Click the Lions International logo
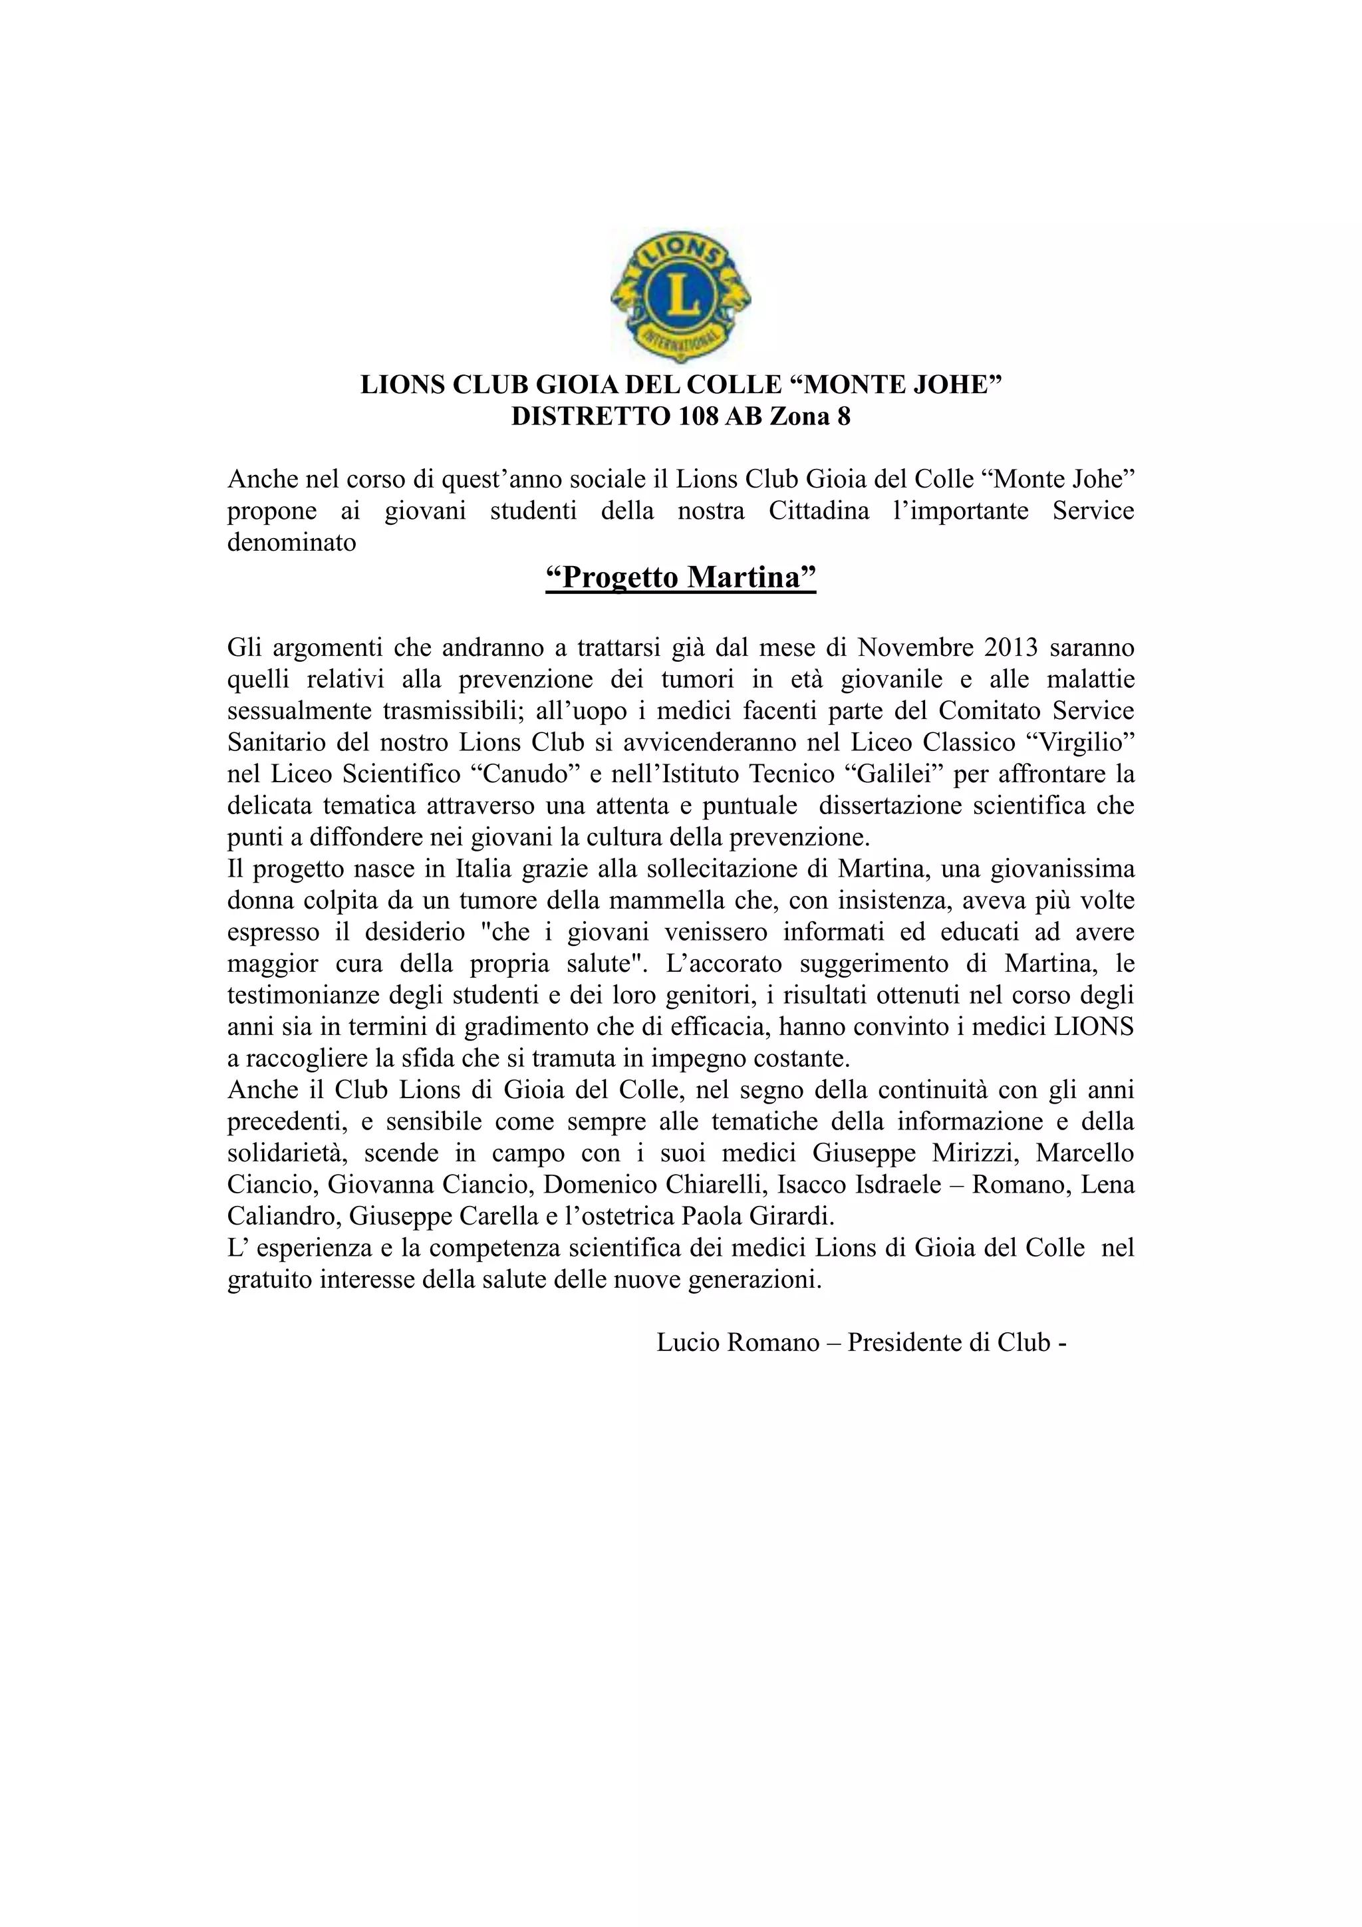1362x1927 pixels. pyautogui.click(x=680, y=295)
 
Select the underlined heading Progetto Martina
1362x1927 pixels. pyautogui.click(x=680, y=577)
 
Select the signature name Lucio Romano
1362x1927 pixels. pyautogui.click(x=737, y=1342)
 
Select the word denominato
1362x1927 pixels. pyautogui.click(x=291, y=542)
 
